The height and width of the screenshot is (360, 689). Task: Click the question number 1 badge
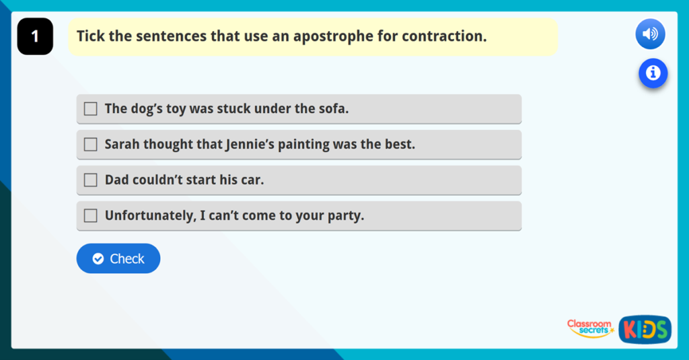(35, 36)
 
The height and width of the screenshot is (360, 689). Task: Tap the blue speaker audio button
(650, 34)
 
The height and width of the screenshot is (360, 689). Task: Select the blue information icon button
(653, 73)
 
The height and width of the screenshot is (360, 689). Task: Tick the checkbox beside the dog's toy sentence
(91, 109)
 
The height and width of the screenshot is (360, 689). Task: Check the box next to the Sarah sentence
(91, 145)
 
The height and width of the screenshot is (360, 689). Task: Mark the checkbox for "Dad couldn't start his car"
(91, 180)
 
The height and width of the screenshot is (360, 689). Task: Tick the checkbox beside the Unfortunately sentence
(91, 216)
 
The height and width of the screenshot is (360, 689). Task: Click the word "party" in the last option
(345, 216)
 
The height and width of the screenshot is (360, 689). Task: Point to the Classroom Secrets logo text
(589, 328)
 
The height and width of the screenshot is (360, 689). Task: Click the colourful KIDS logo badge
(645, 329)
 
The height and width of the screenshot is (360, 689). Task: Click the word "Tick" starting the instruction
(91, 36)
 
